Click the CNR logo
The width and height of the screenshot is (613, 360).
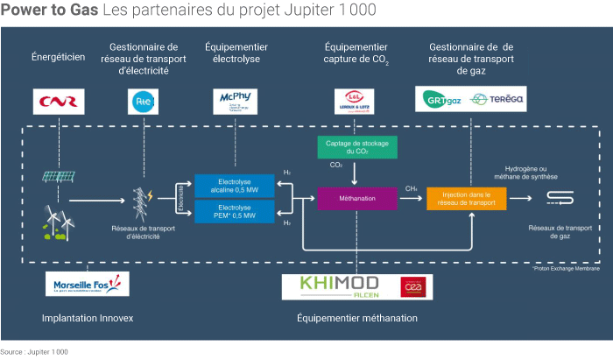pyautogui.click(x=58, y=102)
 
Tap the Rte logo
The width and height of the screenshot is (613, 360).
pyautogui.click(x=141, y=102)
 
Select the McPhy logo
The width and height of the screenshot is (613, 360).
pyautogui.click(x=236, y=102)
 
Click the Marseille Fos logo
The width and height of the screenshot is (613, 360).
pyautogui.click(x=88, y=284)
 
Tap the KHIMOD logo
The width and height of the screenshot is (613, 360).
pyautogui.click(x=338, y=286)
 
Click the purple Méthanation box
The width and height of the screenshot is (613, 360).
pyautogui.click(x=357, y=199)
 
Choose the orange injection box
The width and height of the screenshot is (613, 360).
pyautogui.click(x=467, y=199)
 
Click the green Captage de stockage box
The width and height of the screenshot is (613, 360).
pyautogui.click(x=357, y=146)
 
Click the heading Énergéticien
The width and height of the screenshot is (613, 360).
pyautogui.click(x=58, y=57)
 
